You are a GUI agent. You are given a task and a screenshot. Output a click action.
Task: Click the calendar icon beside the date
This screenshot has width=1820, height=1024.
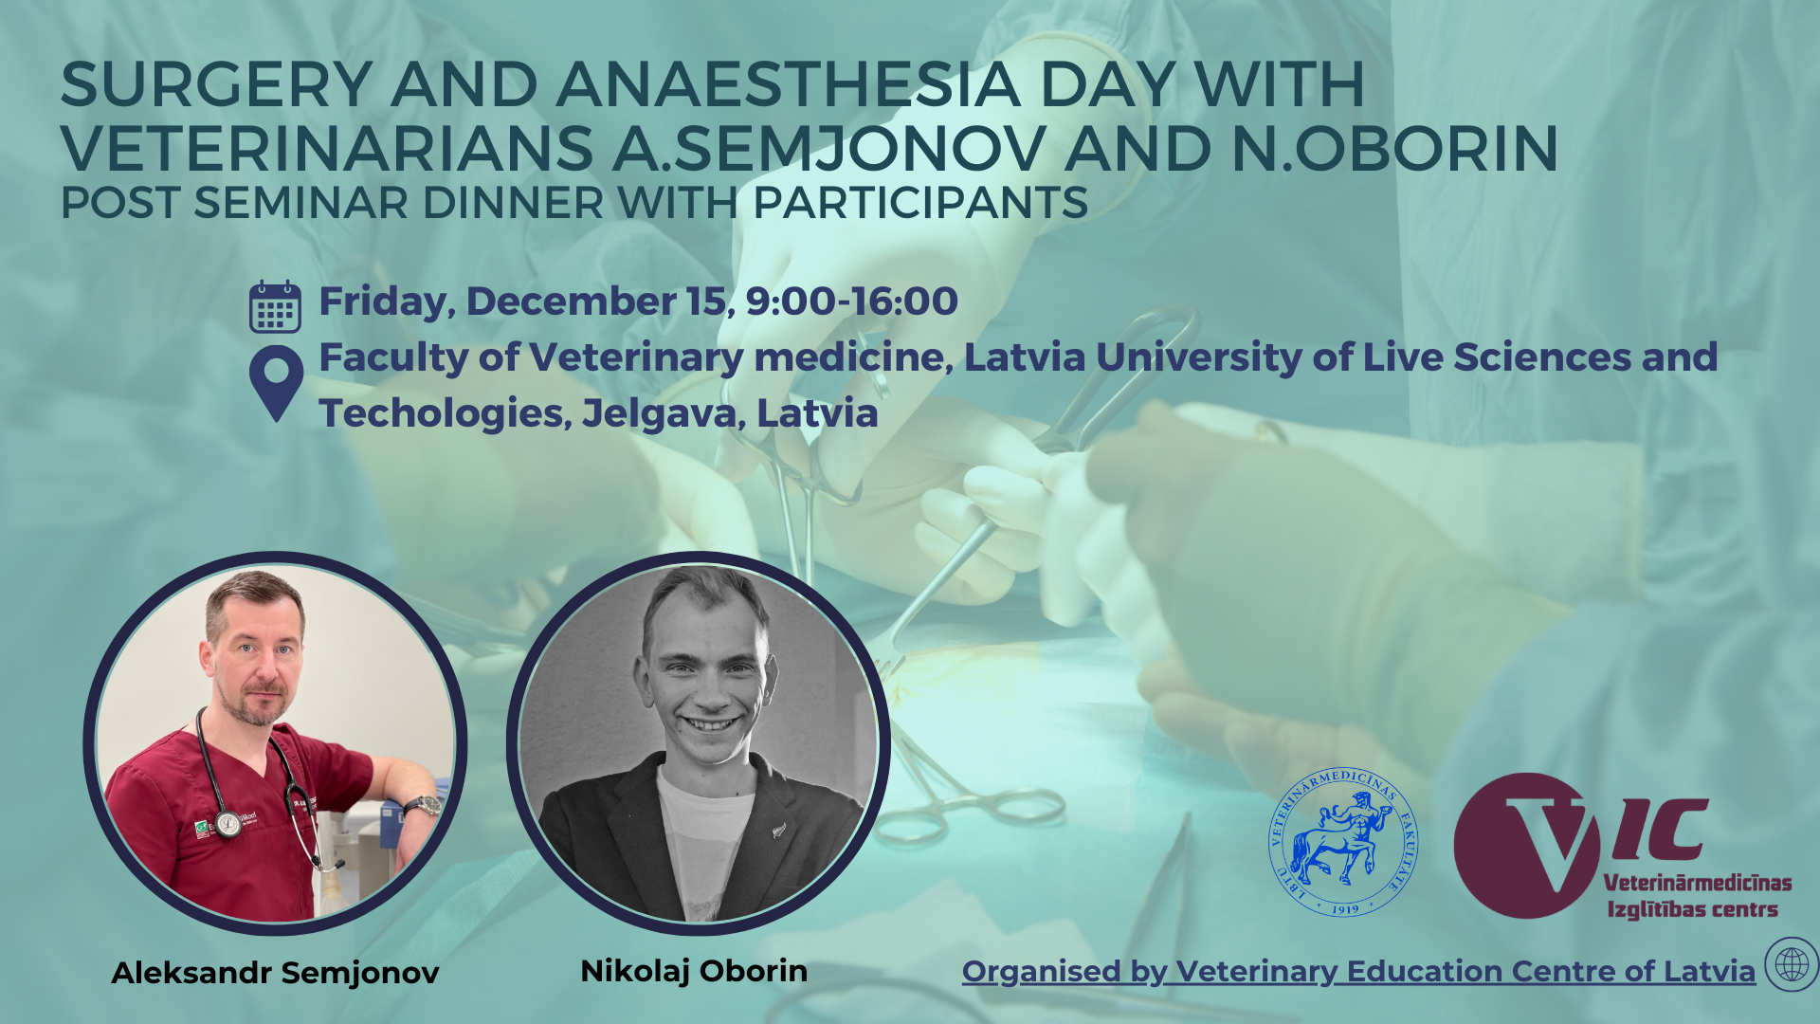pyautogui.click(x=275, y=306)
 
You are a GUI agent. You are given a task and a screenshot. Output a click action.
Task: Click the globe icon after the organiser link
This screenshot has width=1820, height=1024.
pyautogui.click(x=1792, y=965)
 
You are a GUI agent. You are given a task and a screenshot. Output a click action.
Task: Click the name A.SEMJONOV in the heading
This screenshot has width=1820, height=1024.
pyautogui.click(x=829, y=149)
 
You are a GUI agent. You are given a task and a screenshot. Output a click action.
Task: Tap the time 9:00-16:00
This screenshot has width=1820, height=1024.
pyautogui.click(x=851, y=302)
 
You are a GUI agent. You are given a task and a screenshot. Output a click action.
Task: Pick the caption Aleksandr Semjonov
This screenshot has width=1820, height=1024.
pyautogui.click(x=275, y=973)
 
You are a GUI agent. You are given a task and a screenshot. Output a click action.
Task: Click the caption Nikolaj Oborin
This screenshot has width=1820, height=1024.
pyautogui.click(x=694, y=971)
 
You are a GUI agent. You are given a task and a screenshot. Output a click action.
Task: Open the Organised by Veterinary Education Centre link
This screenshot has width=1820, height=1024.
pyautogui.click(x=1358, y=972)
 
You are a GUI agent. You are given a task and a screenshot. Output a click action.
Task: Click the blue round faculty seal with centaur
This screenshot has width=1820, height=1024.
pyautogui.click(x=1343, y=842)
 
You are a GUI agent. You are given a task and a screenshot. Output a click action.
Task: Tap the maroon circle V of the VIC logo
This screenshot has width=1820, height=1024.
pyautogui.click(x=1526, y=846)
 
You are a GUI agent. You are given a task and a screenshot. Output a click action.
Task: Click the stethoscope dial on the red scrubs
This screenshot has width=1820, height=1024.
pyautogui.click(x=227, y=823)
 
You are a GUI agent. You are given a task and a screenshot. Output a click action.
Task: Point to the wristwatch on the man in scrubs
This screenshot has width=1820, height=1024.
pyautogui.click(x=423, y=807)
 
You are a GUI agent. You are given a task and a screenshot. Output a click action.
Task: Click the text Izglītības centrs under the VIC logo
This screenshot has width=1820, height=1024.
pyautogui.click(x=1692, y=910)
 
